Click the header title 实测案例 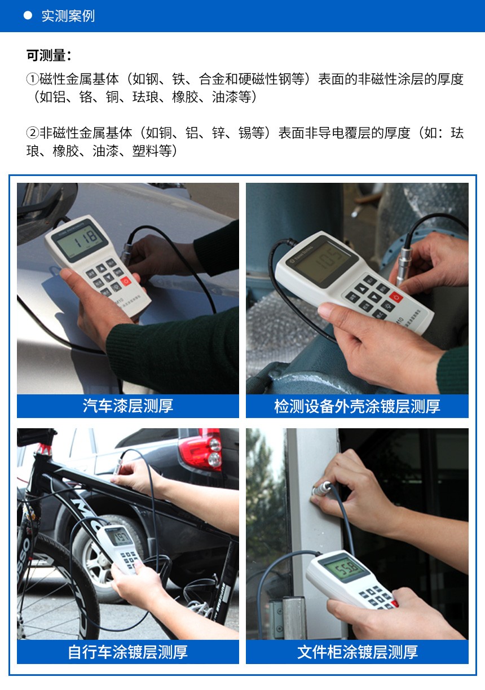[x=68, y=16]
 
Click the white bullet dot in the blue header [x=27, y=16]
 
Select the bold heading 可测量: [x=48, y=55]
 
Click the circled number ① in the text [x=33, y=80]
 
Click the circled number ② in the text [x=33, y=133]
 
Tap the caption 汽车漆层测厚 [x=128, y=406]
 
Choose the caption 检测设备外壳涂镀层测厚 [x=357, y=406]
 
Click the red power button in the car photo [x=126, y=280]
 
